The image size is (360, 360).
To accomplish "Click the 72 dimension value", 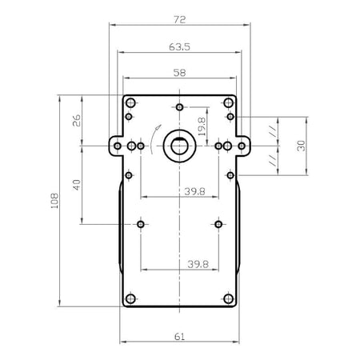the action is click(179, 19).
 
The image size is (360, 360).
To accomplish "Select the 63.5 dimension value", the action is click(179, 47).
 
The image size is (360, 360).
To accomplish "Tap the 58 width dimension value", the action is click(179, 73).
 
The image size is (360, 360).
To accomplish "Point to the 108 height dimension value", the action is click(54, 201).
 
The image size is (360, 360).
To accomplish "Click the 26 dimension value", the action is click(77, 121).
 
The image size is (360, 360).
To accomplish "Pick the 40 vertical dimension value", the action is click(77, 185).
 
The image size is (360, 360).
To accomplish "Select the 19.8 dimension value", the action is click(202, 126).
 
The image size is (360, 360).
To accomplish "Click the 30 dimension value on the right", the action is click(301, 146).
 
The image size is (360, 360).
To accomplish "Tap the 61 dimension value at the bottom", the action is click(179, 337).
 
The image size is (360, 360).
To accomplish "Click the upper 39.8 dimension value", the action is click(194, 191).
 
